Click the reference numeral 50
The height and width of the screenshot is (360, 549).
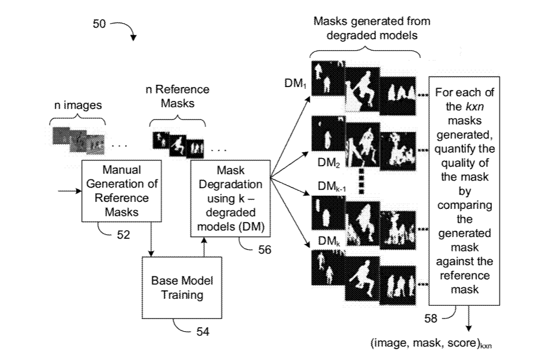point(99,25)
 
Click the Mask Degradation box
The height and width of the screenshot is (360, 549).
point(231,198)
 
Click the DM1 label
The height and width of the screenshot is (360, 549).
point(295,84)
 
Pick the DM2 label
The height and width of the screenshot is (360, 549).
point(326,163)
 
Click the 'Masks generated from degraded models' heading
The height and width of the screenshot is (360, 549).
point(372,27)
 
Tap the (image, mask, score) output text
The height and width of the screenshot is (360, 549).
point(430,343)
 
